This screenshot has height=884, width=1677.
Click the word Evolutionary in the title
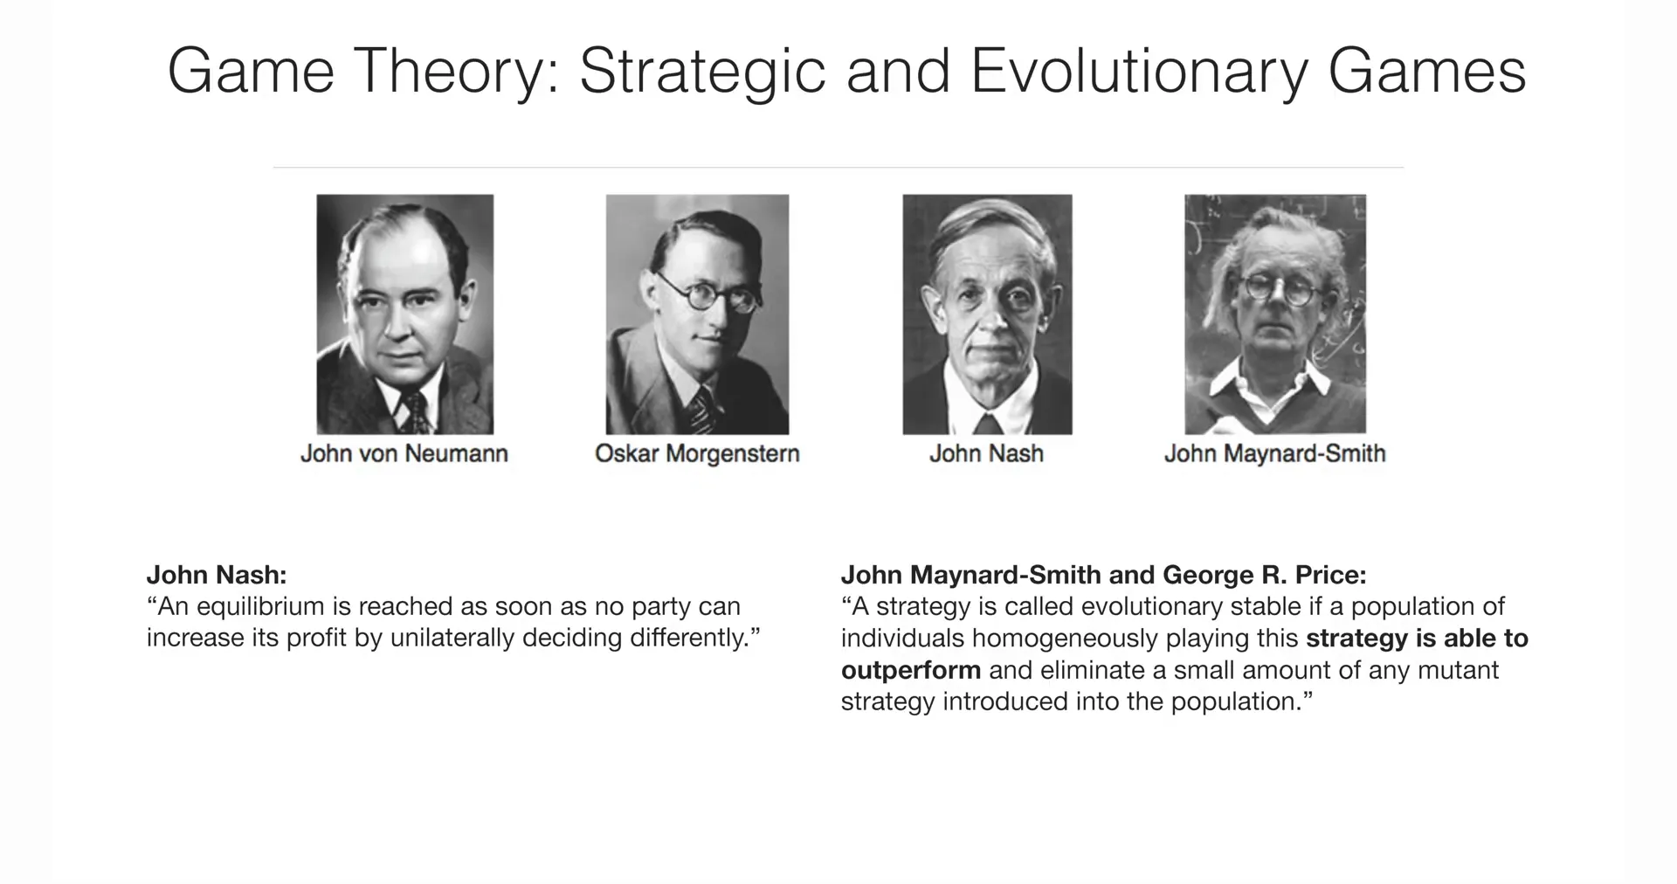(x=1139, y=73)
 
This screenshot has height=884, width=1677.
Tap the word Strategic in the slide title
(x=702, y=73)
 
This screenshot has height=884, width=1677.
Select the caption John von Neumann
(x=404, y=453)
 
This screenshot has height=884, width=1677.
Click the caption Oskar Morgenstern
(x=697, y=453)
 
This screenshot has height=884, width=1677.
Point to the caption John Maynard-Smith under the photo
(x=1274, y=453)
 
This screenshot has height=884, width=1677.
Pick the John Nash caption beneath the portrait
(x=986, y=453)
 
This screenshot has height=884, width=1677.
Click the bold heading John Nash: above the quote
(x=217, y=575)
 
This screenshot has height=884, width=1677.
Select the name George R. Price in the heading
(x=1265, y=575)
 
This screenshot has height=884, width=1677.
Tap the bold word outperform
(x=911, y=671)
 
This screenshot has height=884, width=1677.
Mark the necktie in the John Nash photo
(x=988, y=424)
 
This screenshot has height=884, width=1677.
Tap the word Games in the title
(x=1427, y=73)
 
